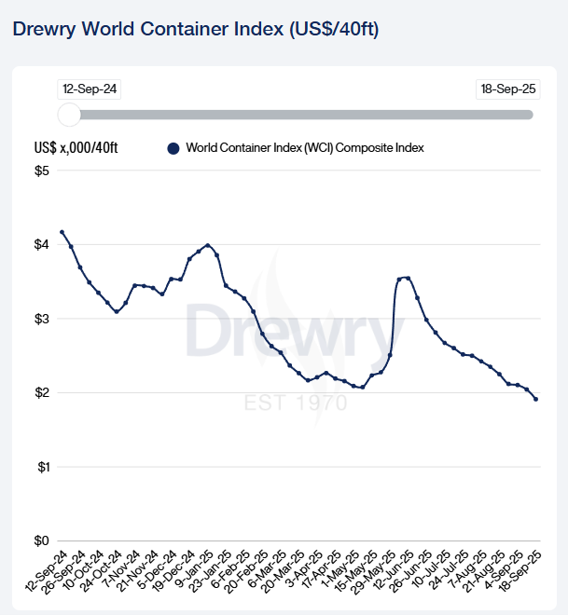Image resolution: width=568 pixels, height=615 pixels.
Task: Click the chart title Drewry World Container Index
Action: pos(195,28)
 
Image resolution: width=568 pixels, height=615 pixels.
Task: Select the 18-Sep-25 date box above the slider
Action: pos(505,89)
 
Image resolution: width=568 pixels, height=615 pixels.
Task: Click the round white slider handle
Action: pos(69,115)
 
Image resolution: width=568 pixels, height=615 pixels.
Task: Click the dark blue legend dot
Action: pos(173,148)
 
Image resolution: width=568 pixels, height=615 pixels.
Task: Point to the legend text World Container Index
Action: pos(305,148)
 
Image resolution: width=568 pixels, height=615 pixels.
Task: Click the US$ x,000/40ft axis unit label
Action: pos(76,148)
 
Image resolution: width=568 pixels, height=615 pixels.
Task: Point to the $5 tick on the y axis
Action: pos(41,171)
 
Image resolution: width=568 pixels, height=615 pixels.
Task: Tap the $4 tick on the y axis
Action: pos(41,244)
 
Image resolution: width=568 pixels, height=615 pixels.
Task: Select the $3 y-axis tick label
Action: pos(41,319)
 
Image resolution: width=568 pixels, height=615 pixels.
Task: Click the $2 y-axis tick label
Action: pos(41,392)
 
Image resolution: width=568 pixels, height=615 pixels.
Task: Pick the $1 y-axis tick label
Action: pos(41,466)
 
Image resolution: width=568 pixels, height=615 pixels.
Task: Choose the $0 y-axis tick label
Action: pos(41,540)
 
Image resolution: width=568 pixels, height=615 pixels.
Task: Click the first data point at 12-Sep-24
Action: pos(62,232)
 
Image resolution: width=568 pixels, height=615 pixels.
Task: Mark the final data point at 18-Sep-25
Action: pos(535,399)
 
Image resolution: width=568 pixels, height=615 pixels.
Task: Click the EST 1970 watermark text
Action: pos(296,403)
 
